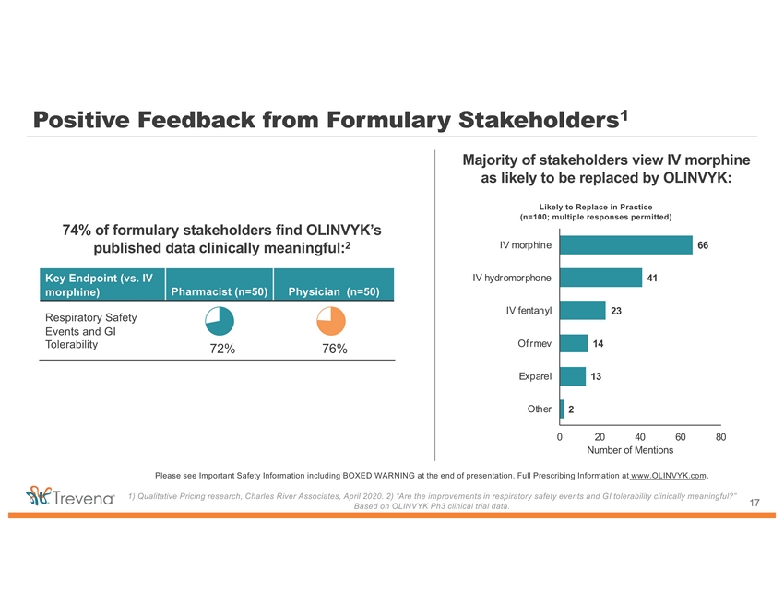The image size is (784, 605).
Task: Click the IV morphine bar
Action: click(x=625, y=244)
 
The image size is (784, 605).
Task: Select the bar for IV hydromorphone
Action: click(x=600, y=278)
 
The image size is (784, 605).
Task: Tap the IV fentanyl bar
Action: click(x=582, y=310)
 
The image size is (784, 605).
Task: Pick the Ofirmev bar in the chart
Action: click(x=573, y=343)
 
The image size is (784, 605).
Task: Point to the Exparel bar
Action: click(x=572, y=376)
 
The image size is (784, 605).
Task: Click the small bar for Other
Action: click(x=562, y=409)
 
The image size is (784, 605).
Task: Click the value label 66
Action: click(x=703, y=245)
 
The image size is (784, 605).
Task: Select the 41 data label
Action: click(x=652, y=278)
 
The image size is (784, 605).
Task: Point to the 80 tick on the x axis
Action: click(x=720, y=436)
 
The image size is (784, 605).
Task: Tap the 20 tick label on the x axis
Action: click(x=600, y=436)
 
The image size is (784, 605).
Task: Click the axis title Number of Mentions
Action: click(x=630, y=450)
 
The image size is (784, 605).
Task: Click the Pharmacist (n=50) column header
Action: click(x=219, y=292)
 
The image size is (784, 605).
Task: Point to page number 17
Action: click(x=754, y=502)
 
